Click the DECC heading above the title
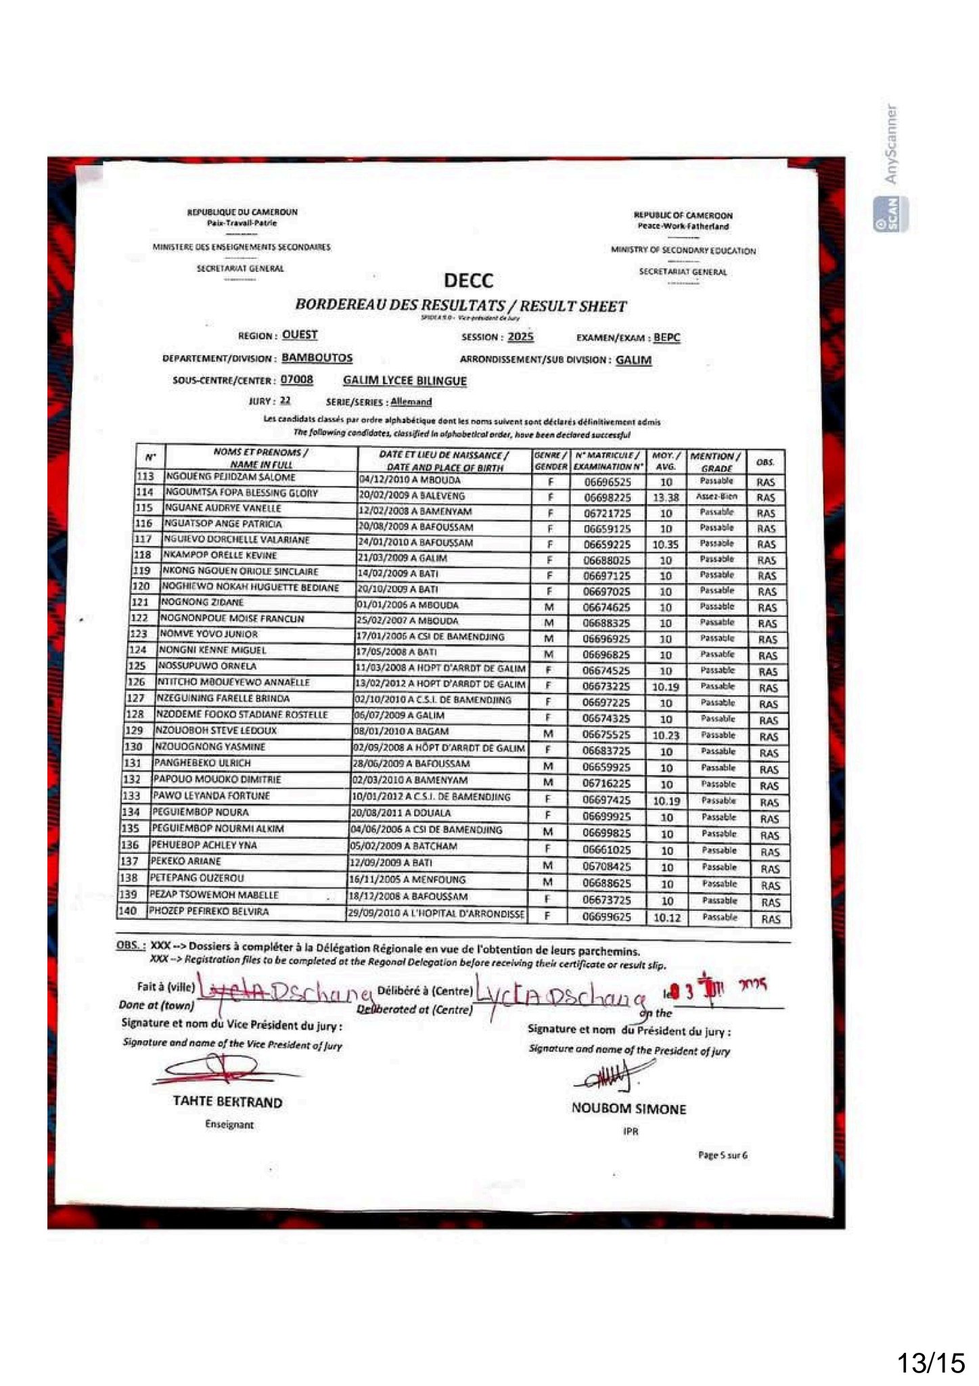click(x=468, y=280)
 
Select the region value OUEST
click(x=300, y=335)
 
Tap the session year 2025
click(x=520, y=337)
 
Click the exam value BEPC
click(x=667, y=338)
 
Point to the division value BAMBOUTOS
click(x=317, y=358)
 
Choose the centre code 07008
click(x=296, y=380)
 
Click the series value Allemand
click(x=411, y=402)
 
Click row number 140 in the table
click(x=128, y=912)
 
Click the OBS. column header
click(x=765, y=463)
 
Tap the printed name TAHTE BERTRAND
click(x=228, y=1102)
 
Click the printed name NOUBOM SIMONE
click(x=629, y=1109)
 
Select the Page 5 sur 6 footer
click(x=723, y=1155)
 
